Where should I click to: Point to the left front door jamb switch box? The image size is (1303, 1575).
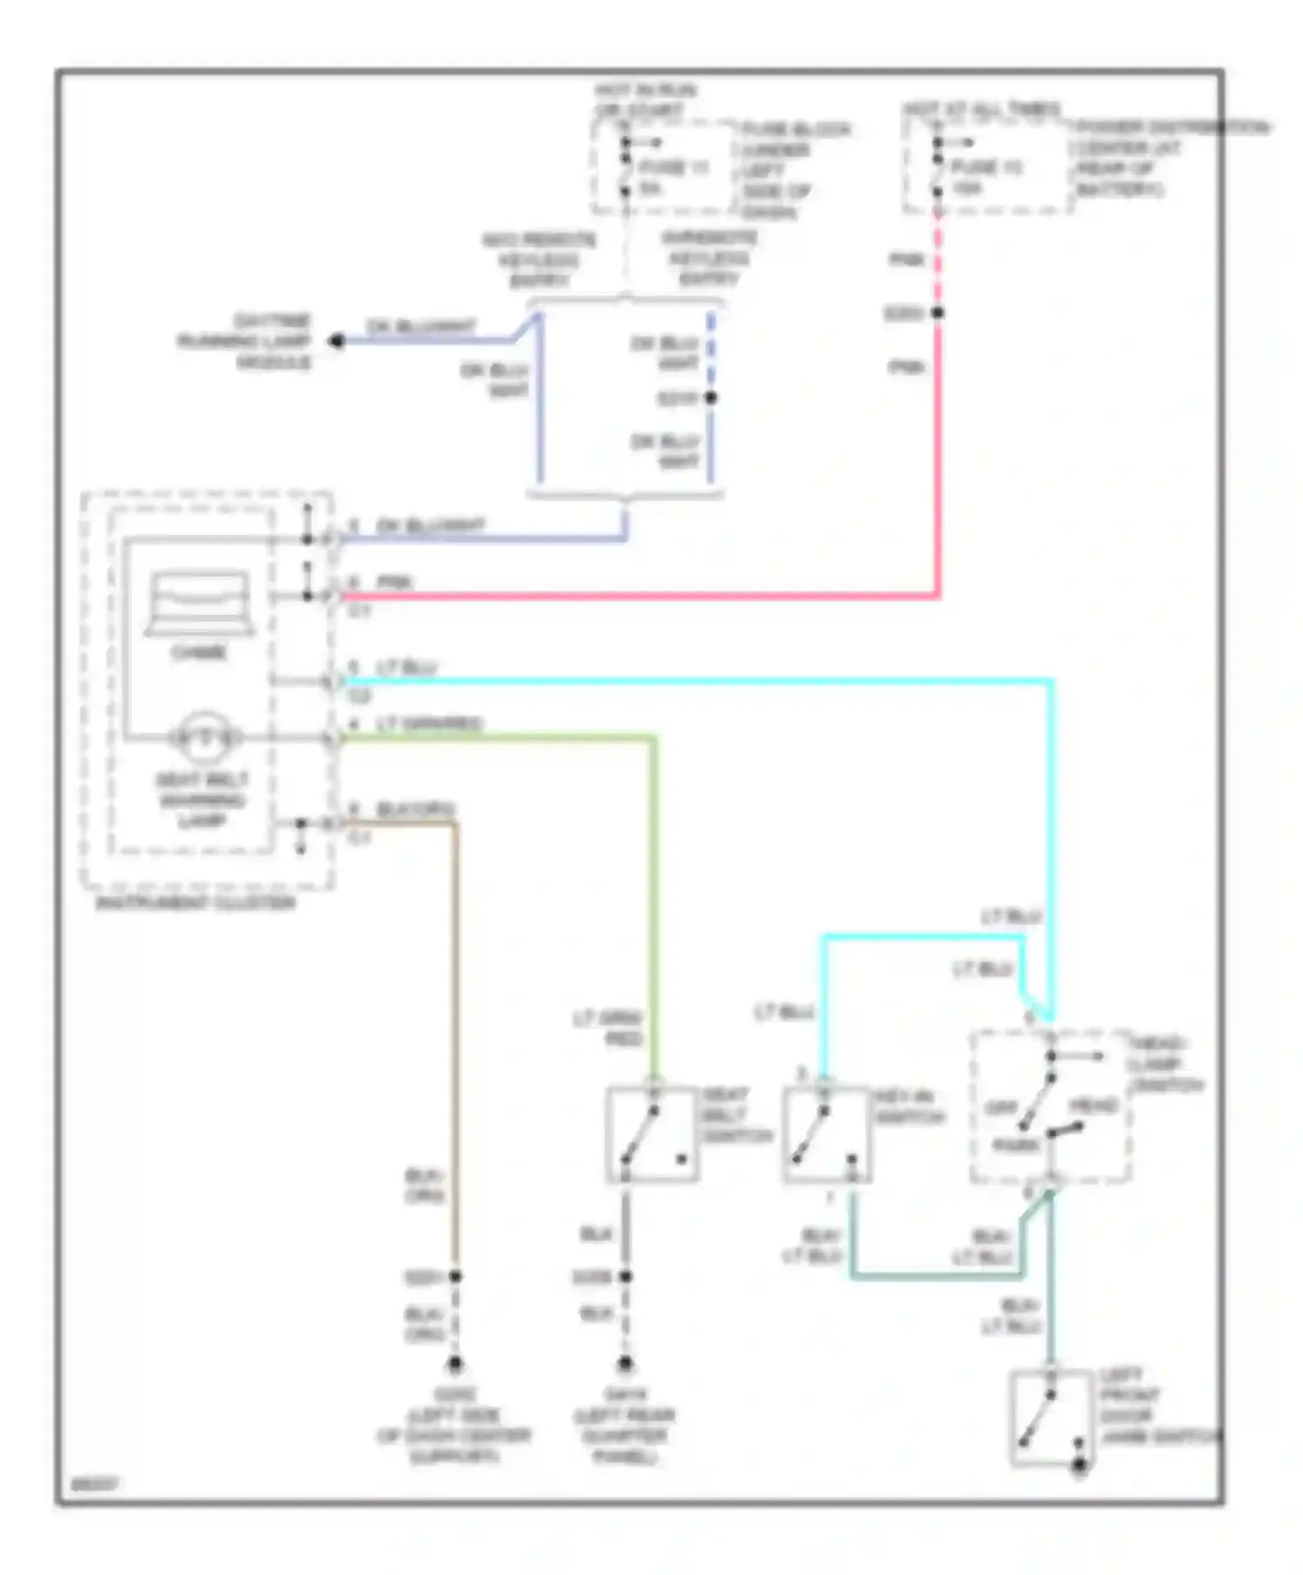1051,1418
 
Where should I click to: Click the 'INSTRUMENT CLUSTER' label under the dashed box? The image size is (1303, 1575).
196,903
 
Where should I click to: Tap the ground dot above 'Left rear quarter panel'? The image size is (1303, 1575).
625,1364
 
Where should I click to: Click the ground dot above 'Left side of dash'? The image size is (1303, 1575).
454,1364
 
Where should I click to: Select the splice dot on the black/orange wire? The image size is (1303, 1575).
454,1276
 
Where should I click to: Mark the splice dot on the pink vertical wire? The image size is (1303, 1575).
937,313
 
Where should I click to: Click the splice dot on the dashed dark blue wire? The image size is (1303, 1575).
711,398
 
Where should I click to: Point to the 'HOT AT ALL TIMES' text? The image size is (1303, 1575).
982,109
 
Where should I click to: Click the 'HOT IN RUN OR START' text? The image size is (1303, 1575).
645,100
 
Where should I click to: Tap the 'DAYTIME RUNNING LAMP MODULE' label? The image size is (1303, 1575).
247,341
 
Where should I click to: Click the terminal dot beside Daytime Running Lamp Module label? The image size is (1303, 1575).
337,341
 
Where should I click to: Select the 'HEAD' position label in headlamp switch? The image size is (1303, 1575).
1093,1106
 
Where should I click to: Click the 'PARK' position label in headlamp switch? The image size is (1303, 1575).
1016,1145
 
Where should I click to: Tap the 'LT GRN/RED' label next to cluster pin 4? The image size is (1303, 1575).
429,723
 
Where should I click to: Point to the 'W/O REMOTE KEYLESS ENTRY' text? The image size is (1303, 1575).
539,259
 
